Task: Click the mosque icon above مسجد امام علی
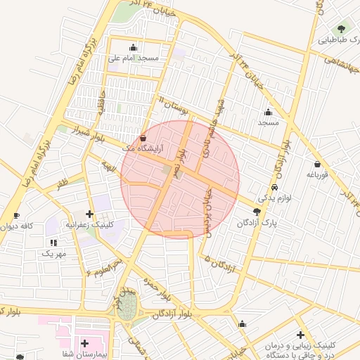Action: click(x=134, y=47)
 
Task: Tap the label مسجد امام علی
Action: click(x=134, y=58)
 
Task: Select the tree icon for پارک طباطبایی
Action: click(x=342, y=29)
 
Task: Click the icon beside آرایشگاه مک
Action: click(x=143, y=139)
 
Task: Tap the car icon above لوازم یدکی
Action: click(x=274, y=188)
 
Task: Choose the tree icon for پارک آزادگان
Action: click(x=257, y=212)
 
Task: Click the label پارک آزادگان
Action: click(x=257, y=223)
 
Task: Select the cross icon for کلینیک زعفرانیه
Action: click(x=89, y=214)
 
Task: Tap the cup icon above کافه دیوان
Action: click(x=16, y=215)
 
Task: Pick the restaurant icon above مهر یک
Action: click(x=53, y=242)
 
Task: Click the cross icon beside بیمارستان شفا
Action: click(x=85, y=344)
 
